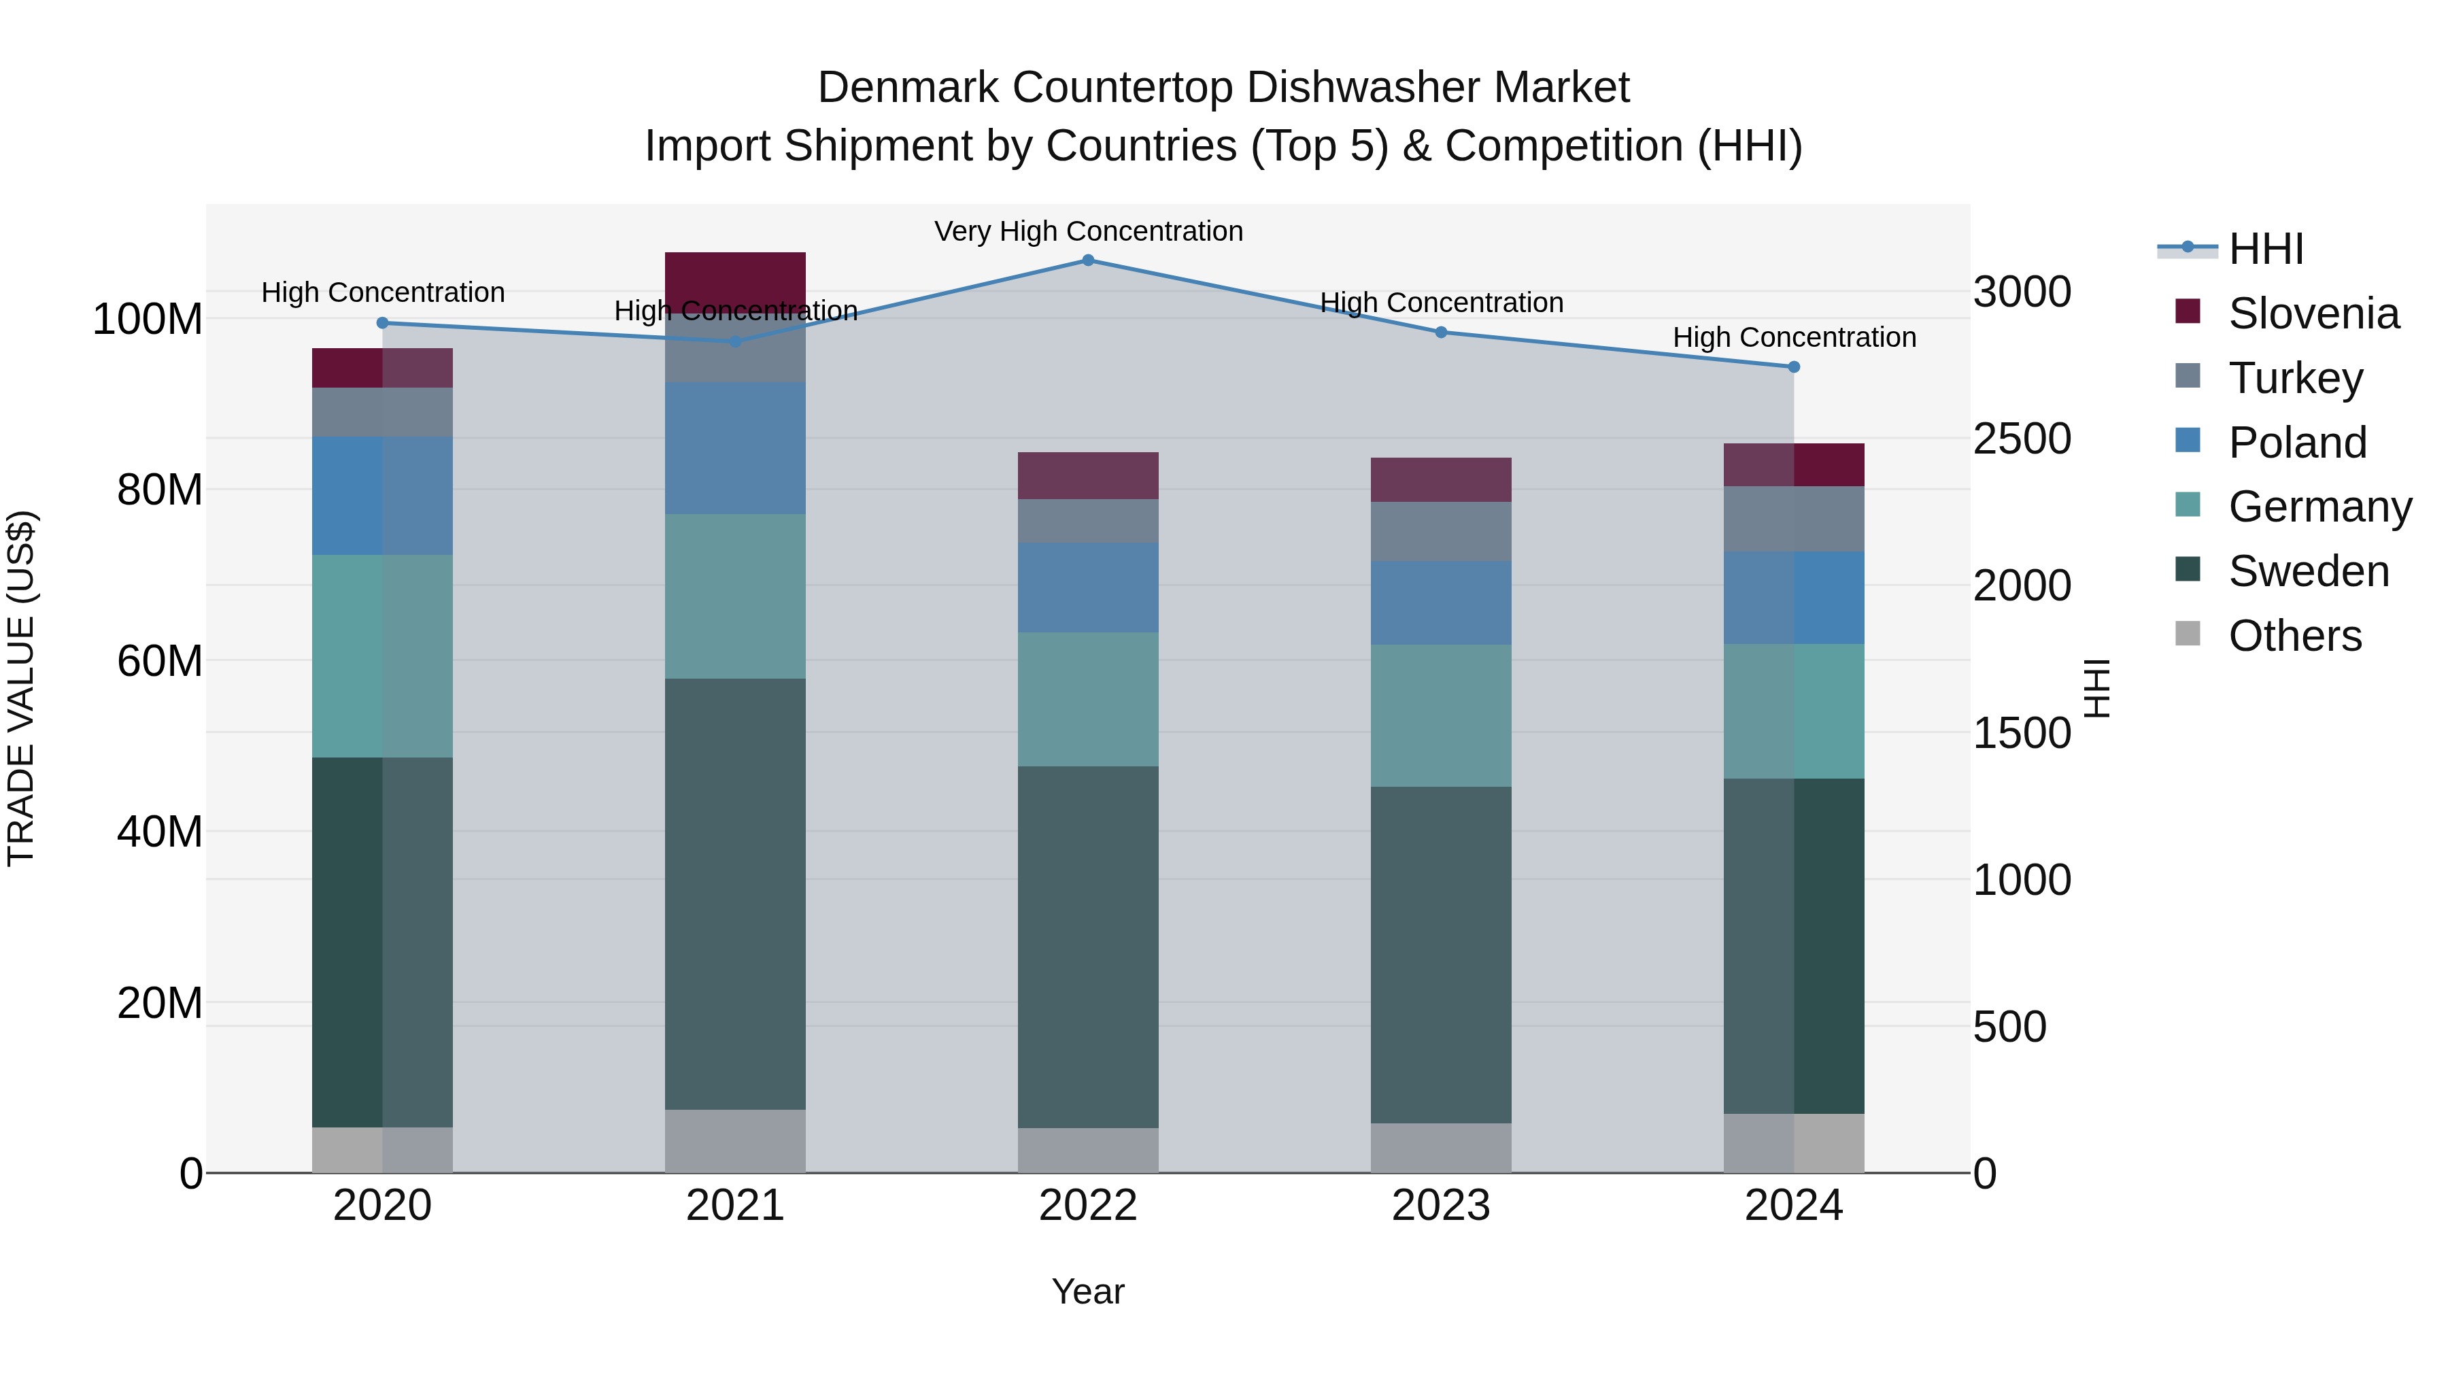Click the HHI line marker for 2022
click(1088, 260)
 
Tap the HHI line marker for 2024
click(1793, 367)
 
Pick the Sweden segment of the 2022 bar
click(1088, 947)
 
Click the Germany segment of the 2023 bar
click(1441, 715)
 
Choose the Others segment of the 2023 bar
click(1441, 1148)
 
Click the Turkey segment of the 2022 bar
click(1088, 521)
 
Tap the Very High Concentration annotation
click(1088, 232)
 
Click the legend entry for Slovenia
click(2313, 313)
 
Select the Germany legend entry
click(2319, 507)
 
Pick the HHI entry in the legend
click(2266, 249)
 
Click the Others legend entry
click(2294, 636)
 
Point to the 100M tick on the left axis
click(148, 320)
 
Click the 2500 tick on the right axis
click(2022, 439)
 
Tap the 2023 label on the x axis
click(1441, 1206)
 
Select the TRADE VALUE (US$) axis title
click(21, 688)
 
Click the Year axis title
click(1088, 1291)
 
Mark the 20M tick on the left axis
click(160, 1002)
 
